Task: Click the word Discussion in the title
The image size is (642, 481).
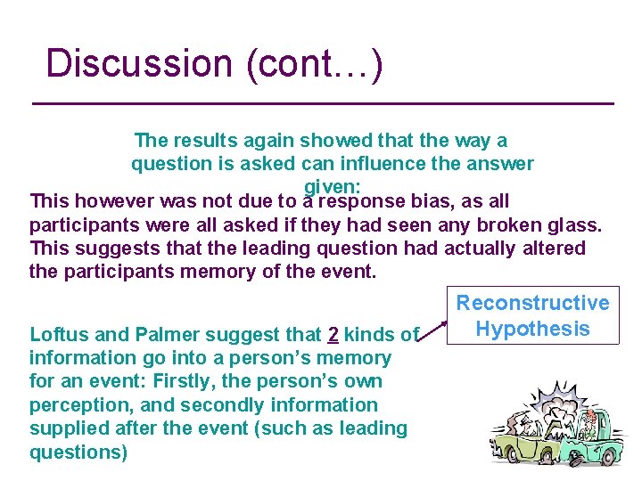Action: point(138,64)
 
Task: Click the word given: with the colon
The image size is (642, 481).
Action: point(332,186)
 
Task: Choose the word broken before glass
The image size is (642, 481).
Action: point(500,224)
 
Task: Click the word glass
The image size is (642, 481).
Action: point(570,224)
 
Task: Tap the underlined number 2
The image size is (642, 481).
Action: point(333,335)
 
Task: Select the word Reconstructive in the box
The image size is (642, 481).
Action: point(532,304)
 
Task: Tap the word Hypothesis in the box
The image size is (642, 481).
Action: point(532,329)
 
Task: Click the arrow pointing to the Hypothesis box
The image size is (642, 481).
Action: point(437,329)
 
